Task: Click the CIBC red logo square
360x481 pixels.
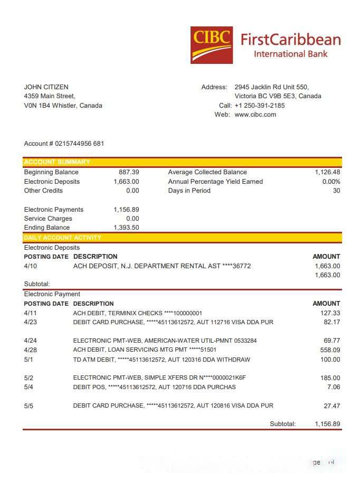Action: (211, 45)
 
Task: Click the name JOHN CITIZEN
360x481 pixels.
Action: (46, 87)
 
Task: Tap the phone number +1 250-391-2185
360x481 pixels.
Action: (259, 106)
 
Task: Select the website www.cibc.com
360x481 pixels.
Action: (255, 115)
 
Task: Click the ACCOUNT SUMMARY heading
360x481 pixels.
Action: (57, 162)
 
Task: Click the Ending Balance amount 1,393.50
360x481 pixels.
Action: (126, 228)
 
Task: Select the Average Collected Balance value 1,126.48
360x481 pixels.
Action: (327, 172)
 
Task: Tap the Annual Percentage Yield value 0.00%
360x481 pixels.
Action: (331, 182)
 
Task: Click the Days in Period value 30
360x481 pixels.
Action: (336, 191)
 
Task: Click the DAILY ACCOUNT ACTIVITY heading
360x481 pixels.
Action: (62, 238)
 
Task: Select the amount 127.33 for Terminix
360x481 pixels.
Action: (330, 313)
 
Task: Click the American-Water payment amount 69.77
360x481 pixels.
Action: (331, 341)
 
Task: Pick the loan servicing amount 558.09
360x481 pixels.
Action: (330, 350)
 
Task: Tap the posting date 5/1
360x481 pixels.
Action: (29, 360)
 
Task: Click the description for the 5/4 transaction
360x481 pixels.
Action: (154, 387)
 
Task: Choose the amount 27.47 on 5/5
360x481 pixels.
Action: (331, 406)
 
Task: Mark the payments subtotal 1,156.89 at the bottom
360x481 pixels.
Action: (327, 424)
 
